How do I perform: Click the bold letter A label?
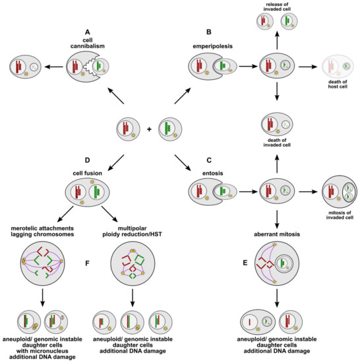click(x=88, y=31)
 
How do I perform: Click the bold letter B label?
click(x=208, y=31)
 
